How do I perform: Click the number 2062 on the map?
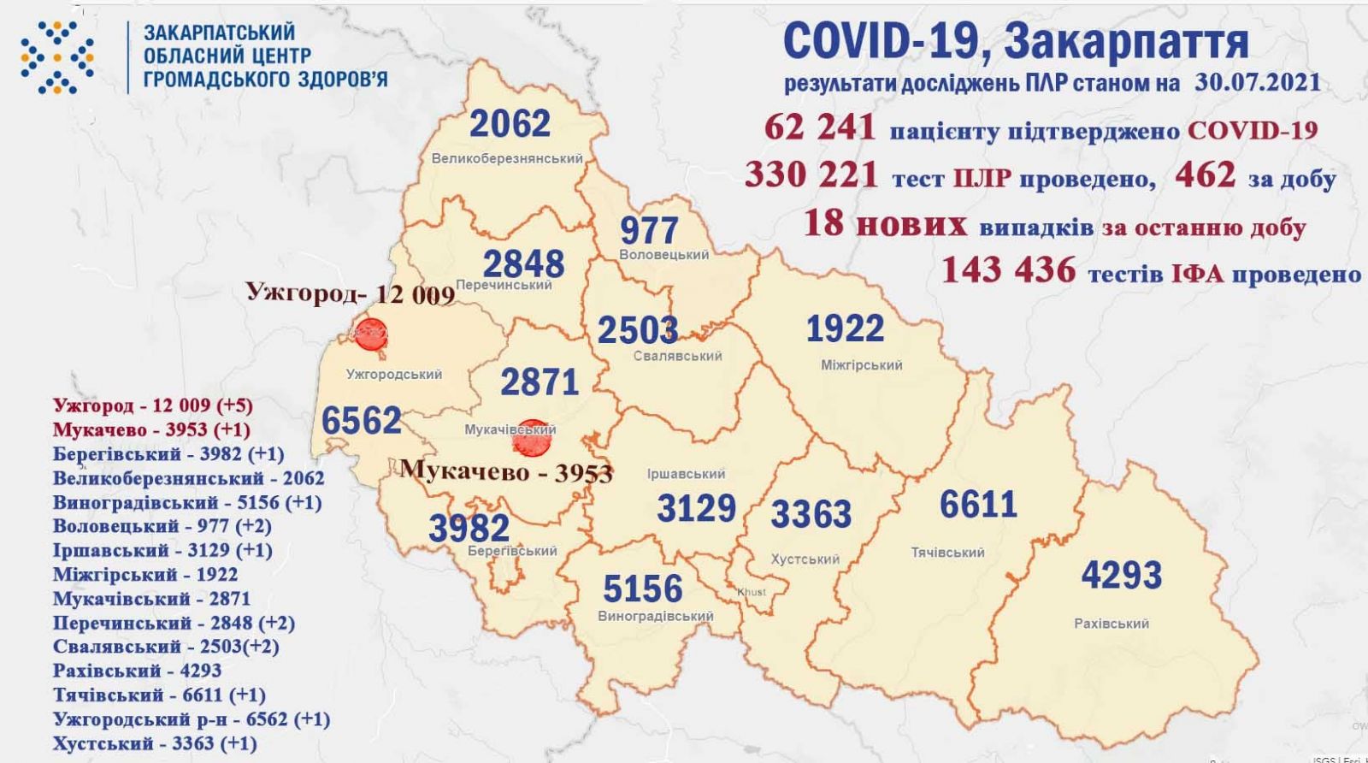tap(510, 125)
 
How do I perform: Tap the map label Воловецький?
tap(664, 255)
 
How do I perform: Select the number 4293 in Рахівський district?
tap(1121, 575)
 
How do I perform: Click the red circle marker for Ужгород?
tap(370, 334)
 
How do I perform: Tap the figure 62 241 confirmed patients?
tap(821, 129)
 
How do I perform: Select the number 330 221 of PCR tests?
tap(811, 175)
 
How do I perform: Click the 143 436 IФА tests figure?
tap(1008, 271)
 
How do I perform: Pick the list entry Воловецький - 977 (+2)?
tap(162, 526)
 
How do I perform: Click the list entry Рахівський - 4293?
tap(137, 671)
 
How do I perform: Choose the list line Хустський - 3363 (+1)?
tap(154, 742)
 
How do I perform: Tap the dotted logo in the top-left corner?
tap(56, 56)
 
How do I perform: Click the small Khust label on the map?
tap(752, 592)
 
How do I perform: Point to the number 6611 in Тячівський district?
tap(978, 505)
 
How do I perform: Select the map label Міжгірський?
tap(861, 365)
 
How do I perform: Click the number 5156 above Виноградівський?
tap(642, 589)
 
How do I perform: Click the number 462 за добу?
tap(1206, 175)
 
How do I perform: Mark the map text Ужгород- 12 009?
tap(351, 293)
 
